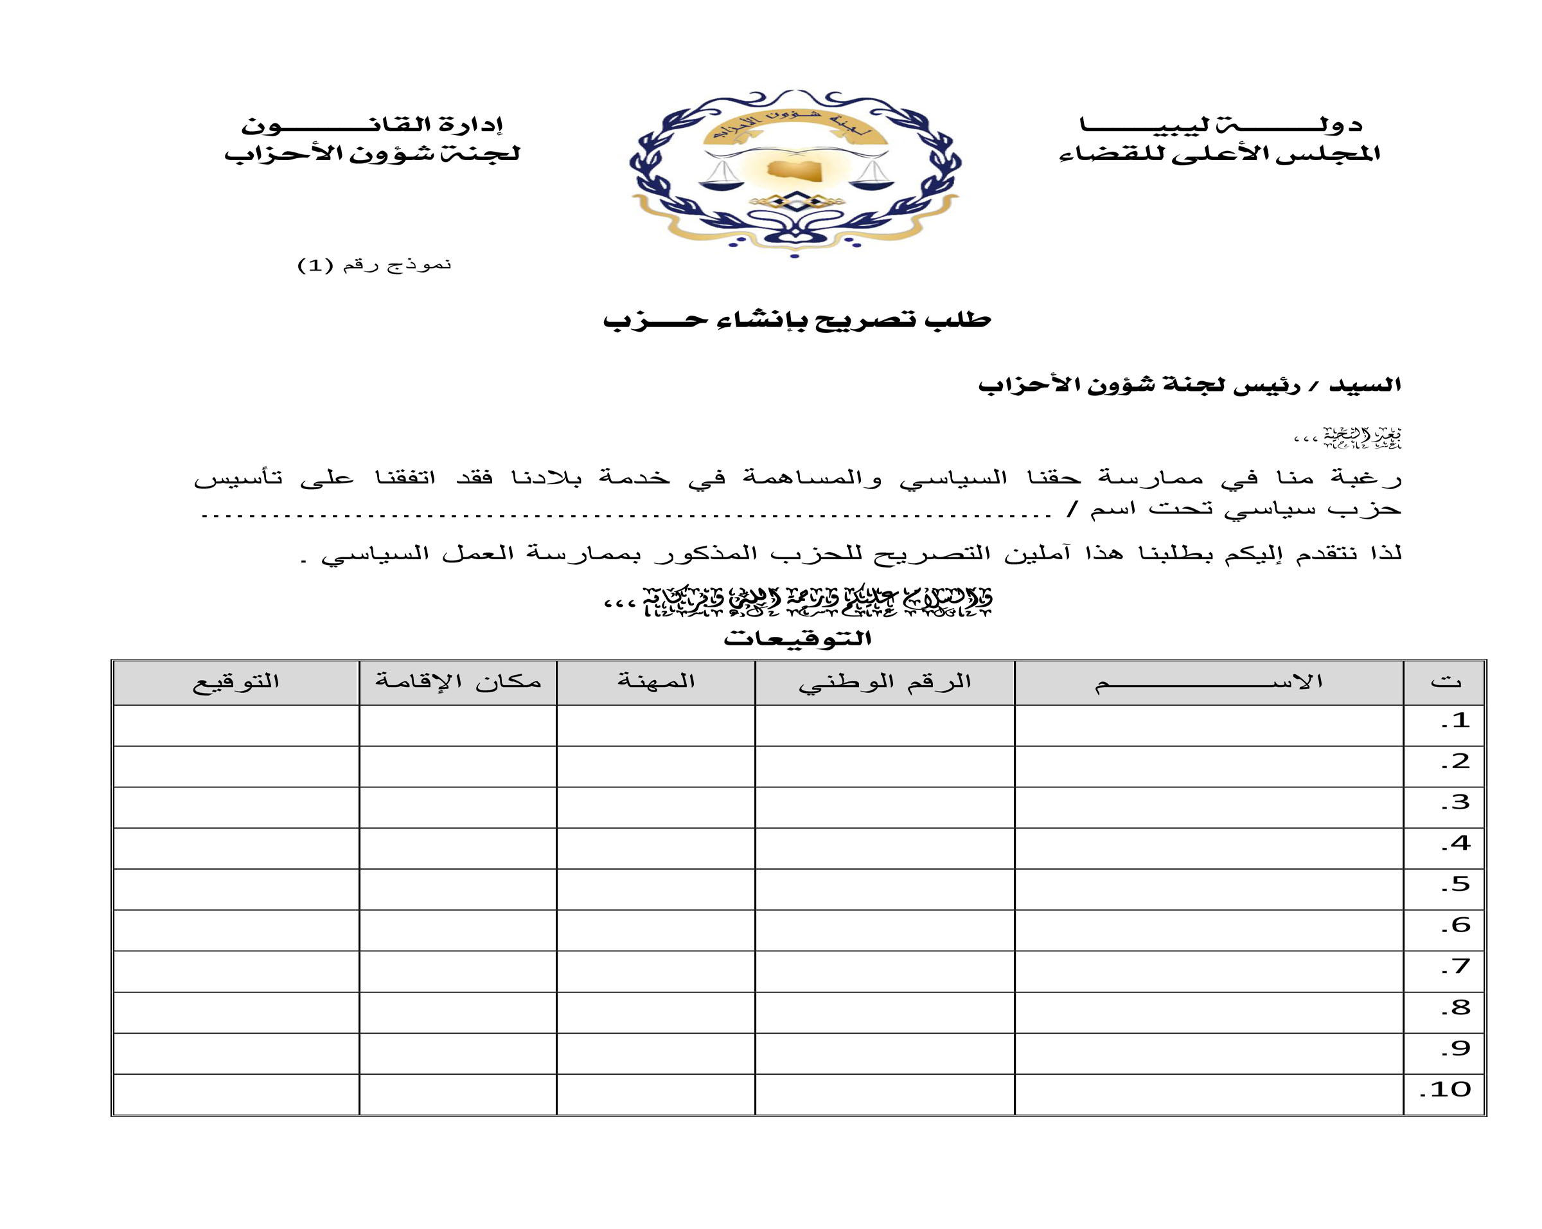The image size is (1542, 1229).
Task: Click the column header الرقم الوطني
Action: (885, 682)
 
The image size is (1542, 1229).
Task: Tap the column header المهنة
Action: (656, 682)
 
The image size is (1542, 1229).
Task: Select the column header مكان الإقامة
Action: (457, 682)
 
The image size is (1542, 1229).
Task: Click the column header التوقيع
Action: (235, 682)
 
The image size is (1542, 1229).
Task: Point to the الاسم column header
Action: (1208, 682)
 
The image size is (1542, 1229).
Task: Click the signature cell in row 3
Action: (235, 807)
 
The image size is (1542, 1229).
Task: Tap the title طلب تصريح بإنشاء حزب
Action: (797, 319)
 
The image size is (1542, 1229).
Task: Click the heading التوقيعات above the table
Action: (797, 638)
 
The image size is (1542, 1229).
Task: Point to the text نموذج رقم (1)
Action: (374, 265)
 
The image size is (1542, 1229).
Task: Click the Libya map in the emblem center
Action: (795, 170)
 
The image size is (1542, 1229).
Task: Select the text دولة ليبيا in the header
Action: (1220, 125)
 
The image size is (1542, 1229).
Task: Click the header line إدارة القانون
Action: (372, 125)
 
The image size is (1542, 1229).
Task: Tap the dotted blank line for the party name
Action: (626, 514)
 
